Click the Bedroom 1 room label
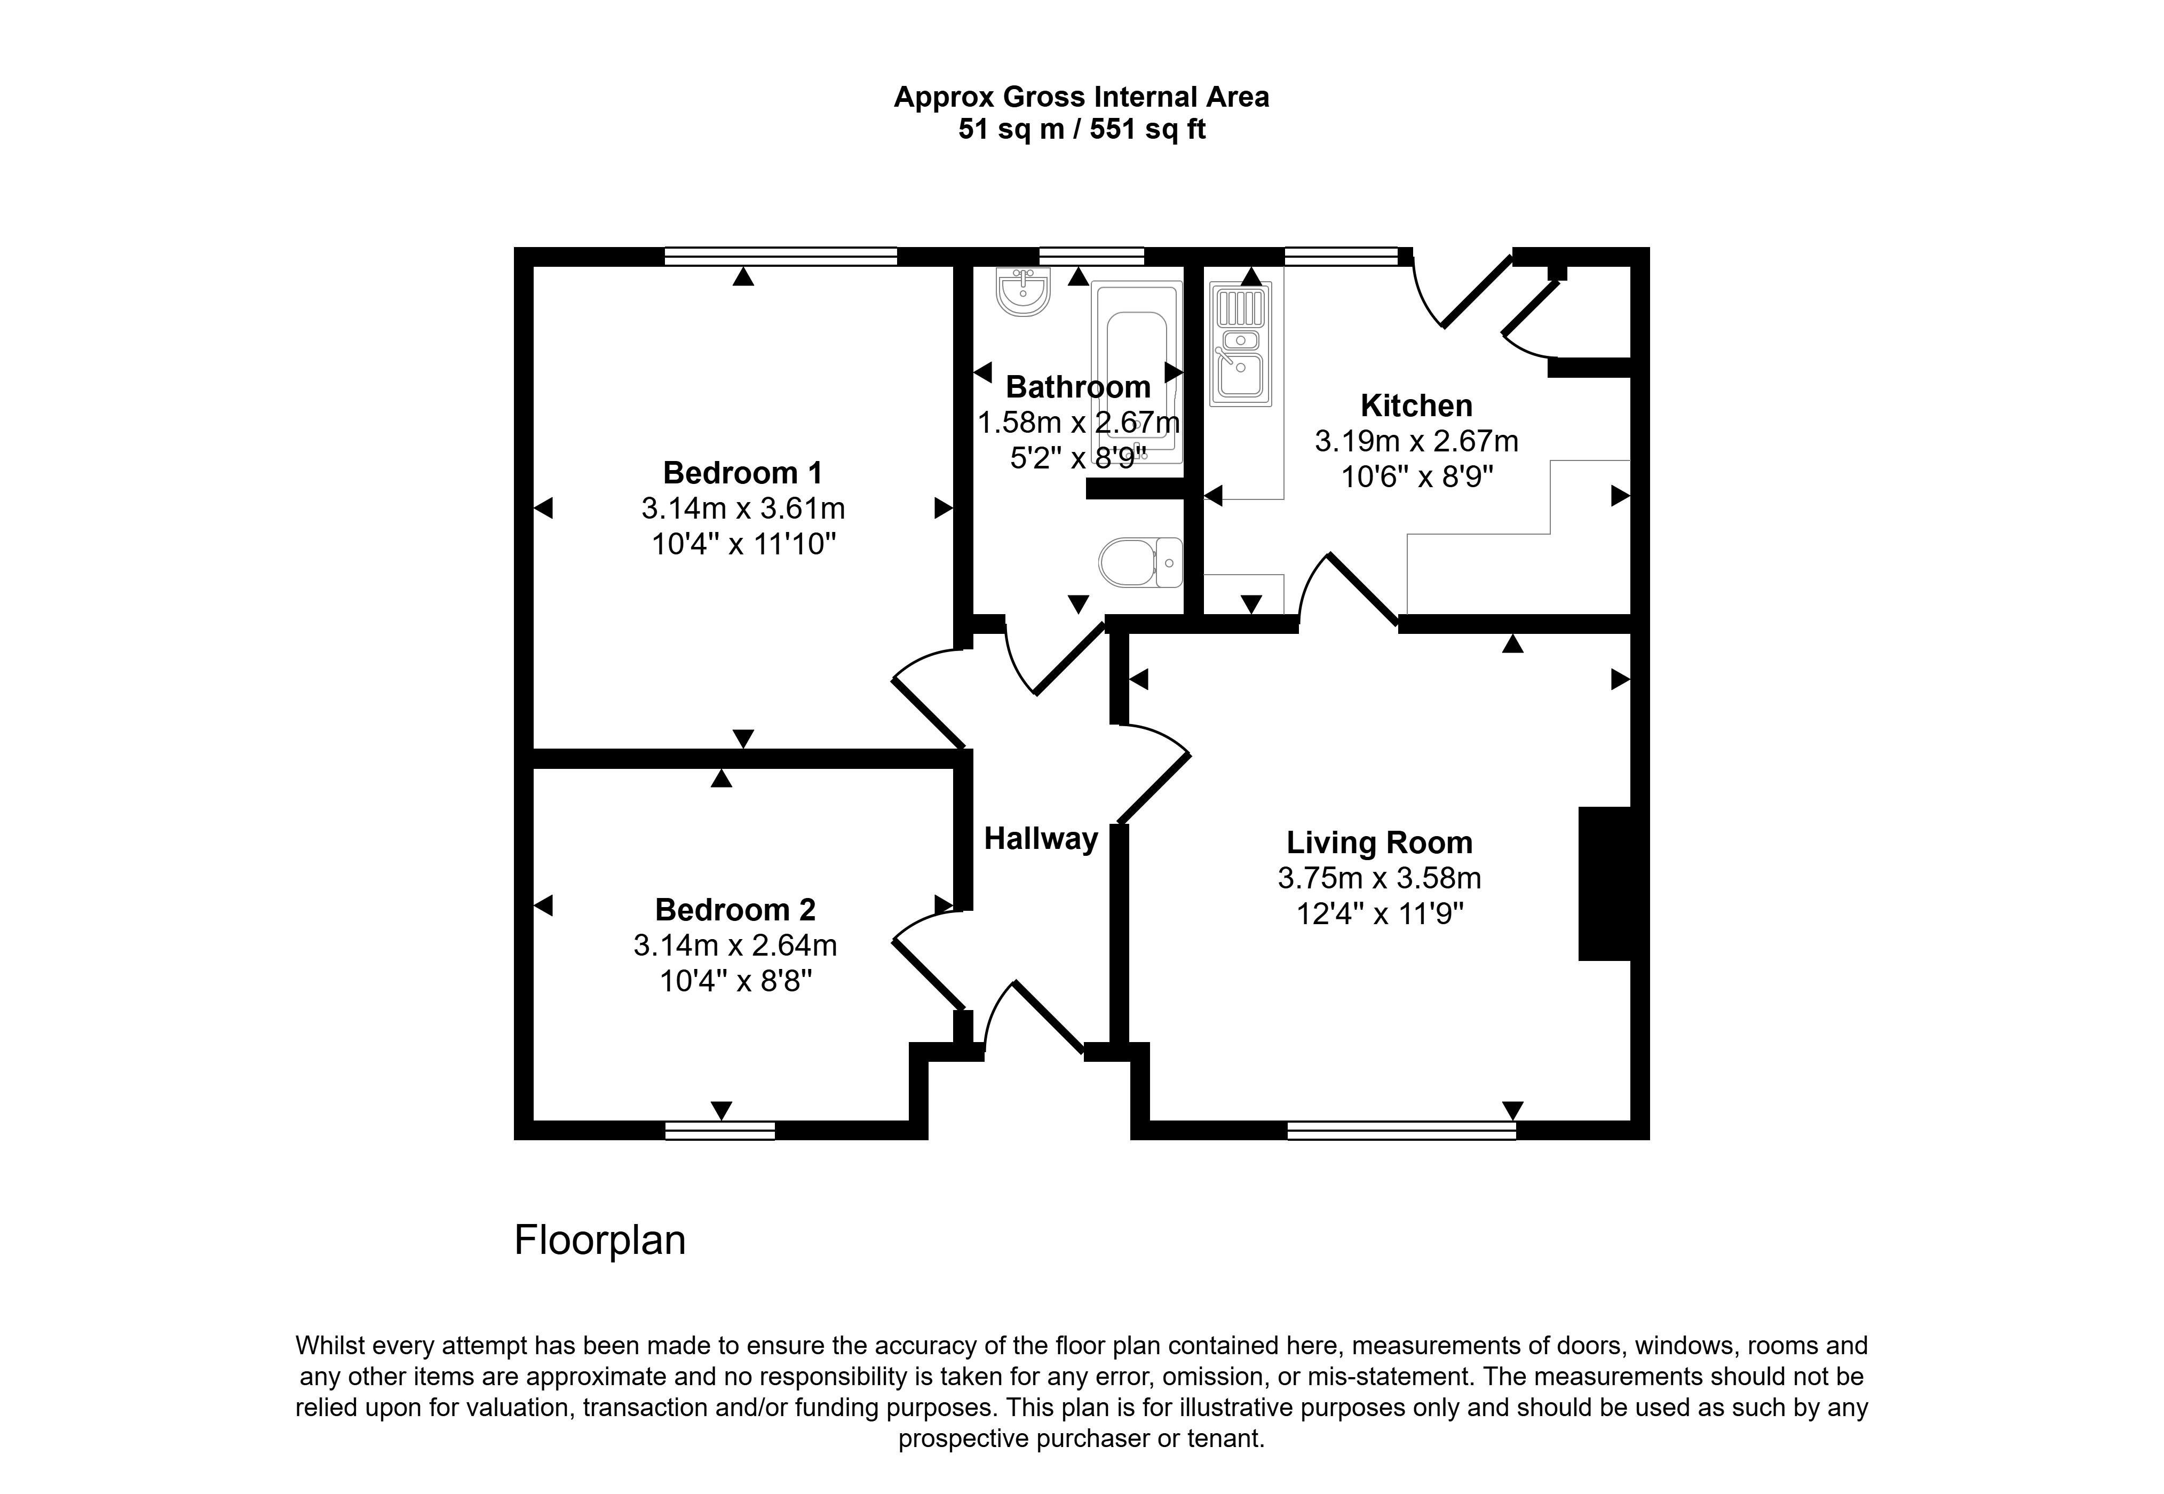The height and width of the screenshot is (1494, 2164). pos(742,473)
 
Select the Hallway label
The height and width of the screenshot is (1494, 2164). pos(1041,839)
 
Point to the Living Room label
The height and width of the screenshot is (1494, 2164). pos(1380,843)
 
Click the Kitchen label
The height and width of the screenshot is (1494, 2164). pos(1416,406)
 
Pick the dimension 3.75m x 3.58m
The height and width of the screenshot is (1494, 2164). pos(1380,878)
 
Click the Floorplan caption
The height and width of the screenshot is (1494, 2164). pos(600,1241)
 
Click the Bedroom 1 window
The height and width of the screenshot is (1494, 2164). pos(781,257)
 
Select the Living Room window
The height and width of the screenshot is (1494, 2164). pos(1401,1131)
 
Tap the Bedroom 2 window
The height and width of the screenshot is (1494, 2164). pos(720,1131)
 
